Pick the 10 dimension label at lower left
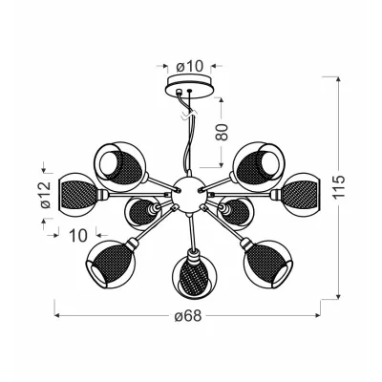78,234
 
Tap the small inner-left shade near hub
143,209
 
